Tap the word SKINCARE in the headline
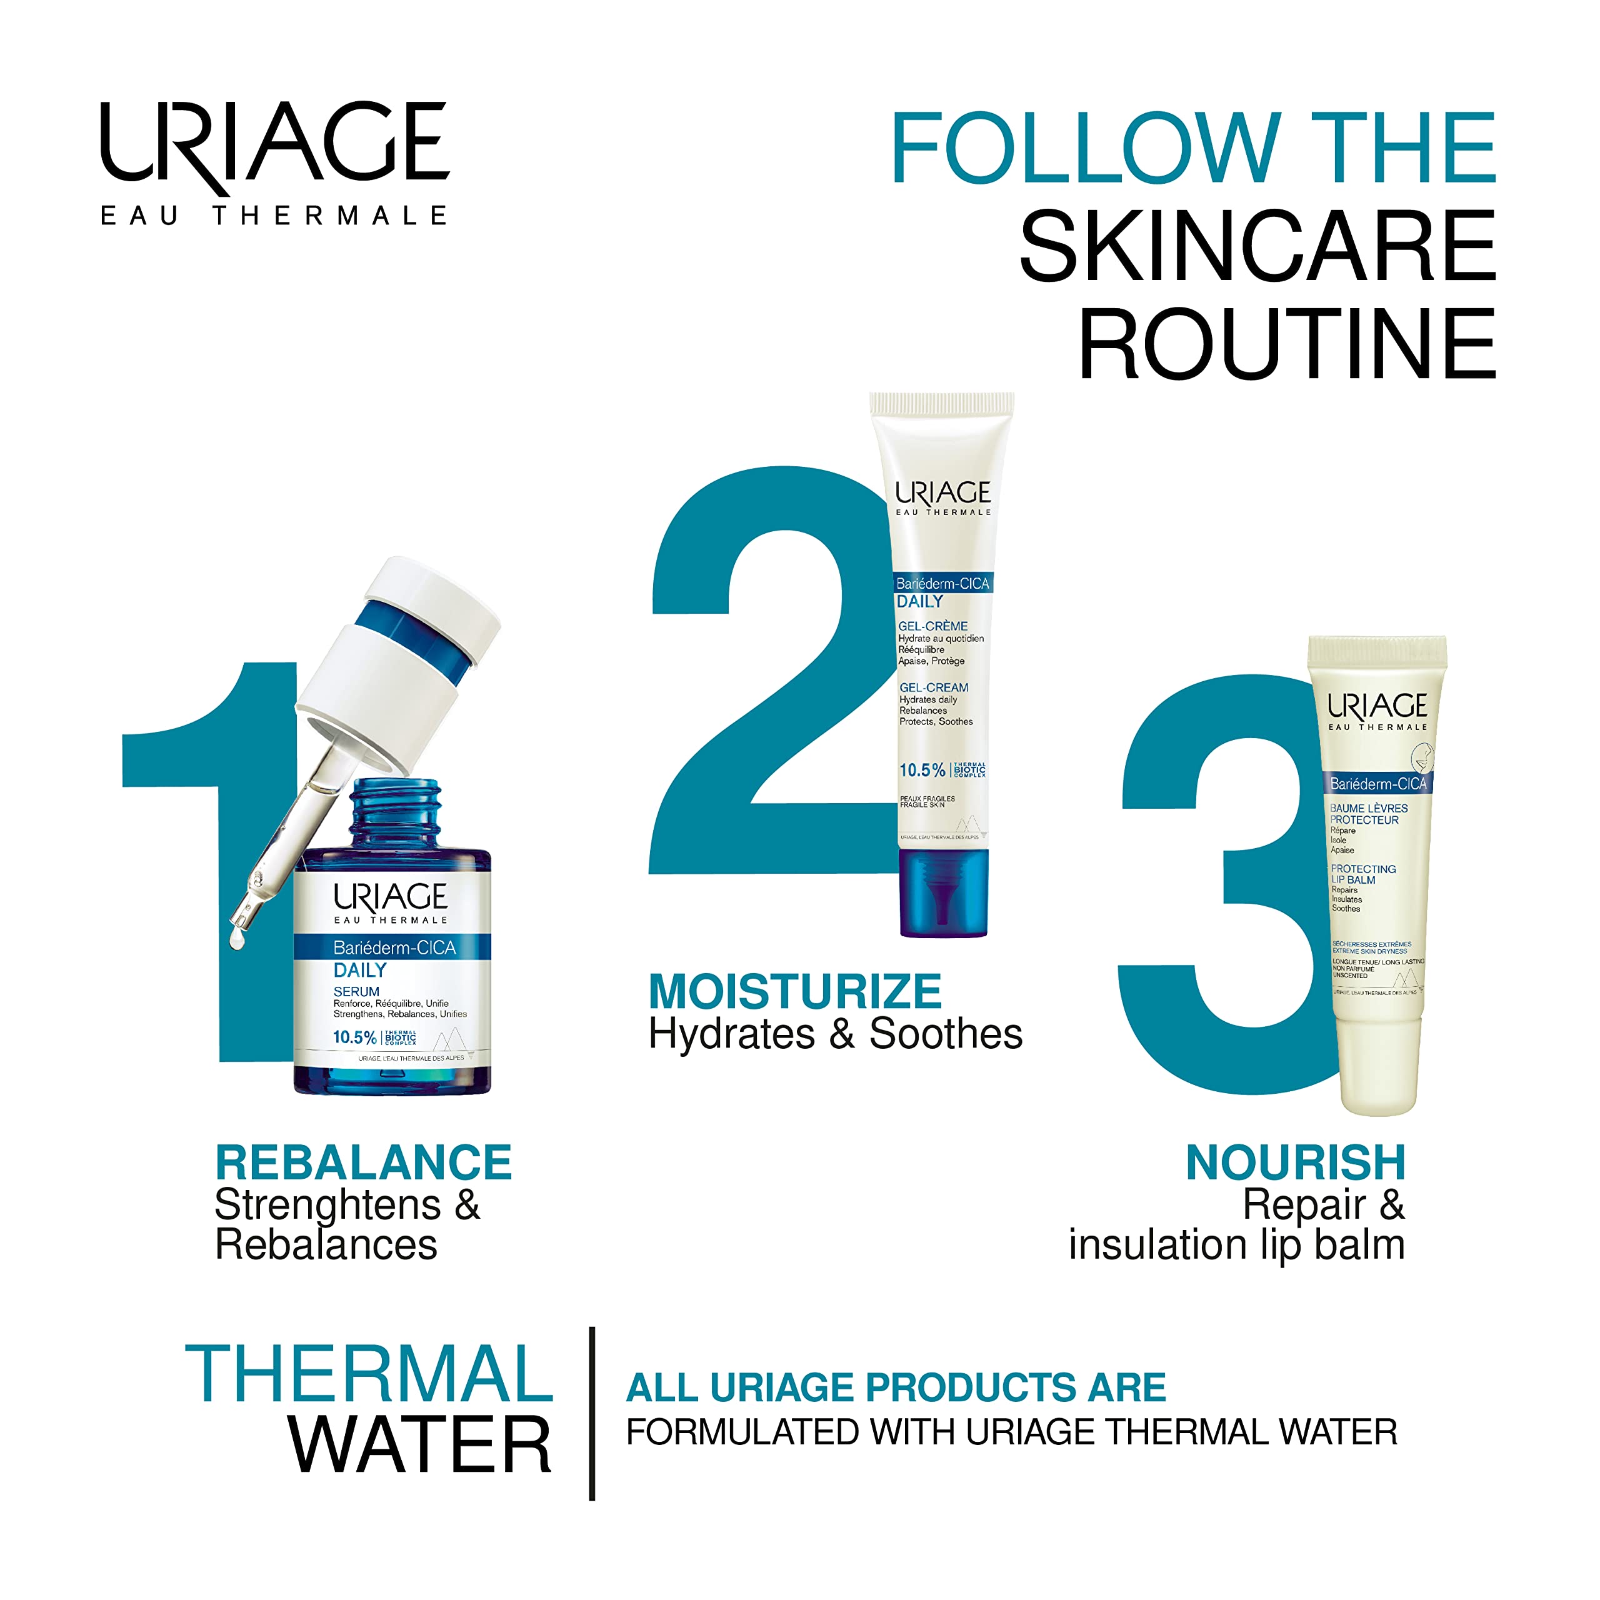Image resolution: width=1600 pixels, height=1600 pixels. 1257,246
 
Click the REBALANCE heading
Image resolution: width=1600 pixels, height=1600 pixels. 364,1162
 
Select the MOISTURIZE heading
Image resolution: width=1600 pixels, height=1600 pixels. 795,991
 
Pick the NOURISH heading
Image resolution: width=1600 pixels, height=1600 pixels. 1296,1162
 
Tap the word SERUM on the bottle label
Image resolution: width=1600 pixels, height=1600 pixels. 356,991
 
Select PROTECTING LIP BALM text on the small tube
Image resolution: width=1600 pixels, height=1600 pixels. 1362,874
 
